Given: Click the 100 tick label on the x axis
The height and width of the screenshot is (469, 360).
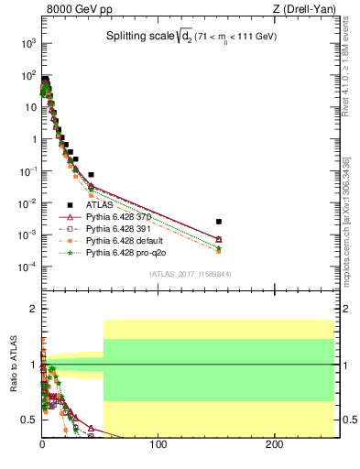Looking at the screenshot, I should coord(158,444).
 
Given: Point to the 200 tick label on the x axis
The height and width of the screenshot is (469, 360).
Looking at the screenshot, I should coord(274,444).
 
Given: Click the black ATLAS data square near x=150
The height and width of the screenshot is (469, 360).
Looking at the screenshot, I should coord(218,222).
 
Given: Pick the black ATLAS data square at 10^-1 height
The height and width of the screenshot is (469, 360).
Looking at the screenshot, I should coord(91,174).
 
